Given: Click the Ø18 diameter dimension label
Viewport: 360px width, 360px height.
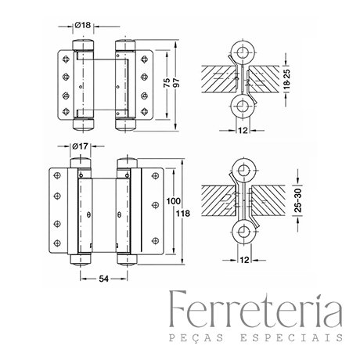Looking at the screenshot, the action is (83, 25).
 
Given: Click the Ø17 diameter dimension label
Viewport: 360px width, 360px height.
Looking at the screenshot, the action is (80, 146).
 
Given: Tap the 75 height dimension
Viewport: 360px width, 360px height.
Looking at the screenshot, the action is (167, 83).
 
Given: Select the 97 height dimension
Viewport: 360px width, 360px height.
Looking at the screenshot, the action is (176, 83).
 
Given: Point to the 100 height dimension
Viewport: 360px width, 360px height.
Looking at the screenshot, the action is (174, 201).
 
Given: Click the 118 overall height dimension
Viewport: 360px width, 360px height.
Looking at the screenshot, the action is (183, 214).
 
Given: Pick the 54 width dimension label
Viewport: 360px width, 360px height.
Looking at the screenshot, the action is (103, 279).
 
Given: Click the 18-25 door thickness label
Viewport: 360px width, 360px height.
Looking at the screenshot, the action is (287, 79).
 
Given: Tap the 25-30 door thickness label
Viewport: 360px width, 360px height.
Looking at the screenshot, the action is (298, 200).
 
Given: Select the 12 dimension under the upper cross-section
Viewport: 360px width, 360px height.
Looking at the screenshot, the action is (243, 130).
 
